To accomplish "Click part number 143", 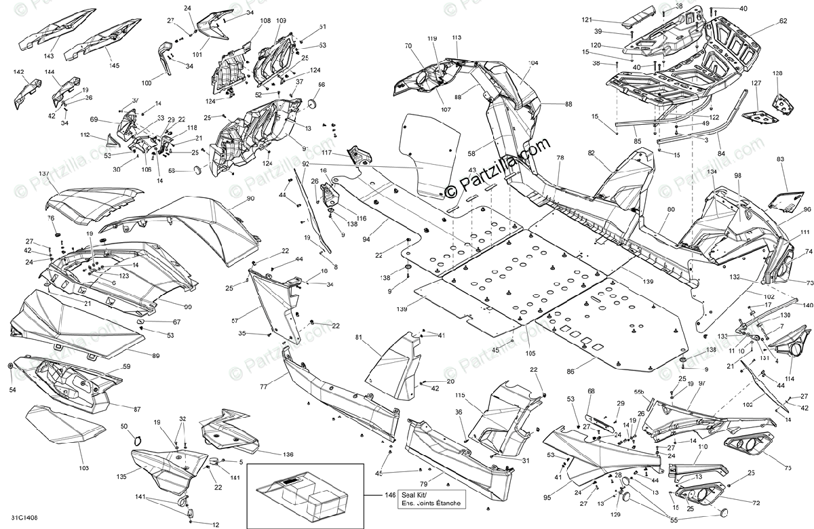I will click(50, 56).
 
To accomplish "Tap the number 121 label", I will click(586, 20).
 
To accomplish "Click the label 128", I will click(777, 73).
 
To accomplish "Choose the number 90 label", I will click(250, 198).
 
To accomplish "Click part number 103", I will click(83, 468).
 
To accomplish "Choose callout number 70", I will click(408, 46).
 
